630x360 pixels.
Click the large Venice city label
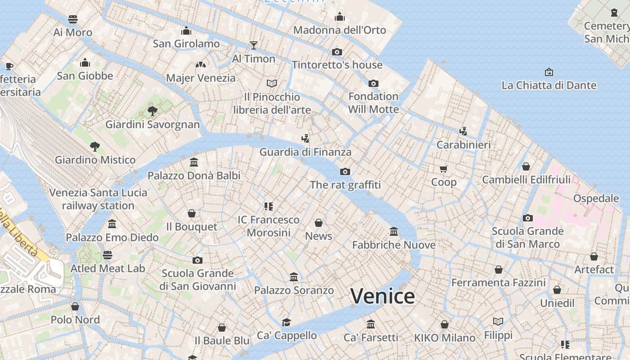click(x=382, y=296)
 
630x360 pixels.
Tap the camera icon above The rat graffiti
click(x=345, y=171)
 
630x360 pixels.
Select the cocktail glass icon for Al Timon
click(x=254, y=45)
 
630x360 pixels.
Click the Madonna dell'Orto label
click(x=340, y=30)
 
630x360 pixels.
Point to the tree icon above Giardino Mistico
click(x=94, y=146)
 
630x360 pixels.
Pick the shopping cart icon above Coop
click(x=444, y=169)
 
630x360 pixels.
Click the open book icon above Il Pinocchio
click(x=272, y=83)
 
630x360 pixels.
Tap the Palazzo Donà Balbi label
click(x=194, y=175)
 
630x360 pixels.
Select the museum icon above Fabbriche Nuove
click(x=394, y=231)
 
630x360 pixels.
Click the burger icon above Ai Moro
click(x=73, y=19)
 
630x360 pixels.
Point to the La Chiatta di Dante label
click(x=549, y=85)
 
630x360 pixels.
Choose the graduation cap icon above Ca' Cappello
click(x=287, y=322)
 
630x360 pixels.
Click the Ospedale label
click(x=596, y=198)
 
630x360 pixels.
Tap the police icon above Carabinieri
click(x=463, y=131)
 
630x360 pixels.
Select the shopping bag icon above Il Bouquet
click(x=192, y=213)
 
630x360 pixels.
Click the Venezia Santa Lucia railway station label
click(x=98, y=199)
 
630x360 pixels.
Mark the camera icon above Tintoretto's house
click(x=337, y=52)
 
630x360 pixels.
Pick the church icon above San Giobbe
click(x=85, y=63)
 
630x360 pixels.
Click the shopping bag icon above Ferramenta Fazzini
click(x=499, y=270)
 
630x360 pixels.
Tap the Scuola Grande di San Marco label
click(x=527, y=238)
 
